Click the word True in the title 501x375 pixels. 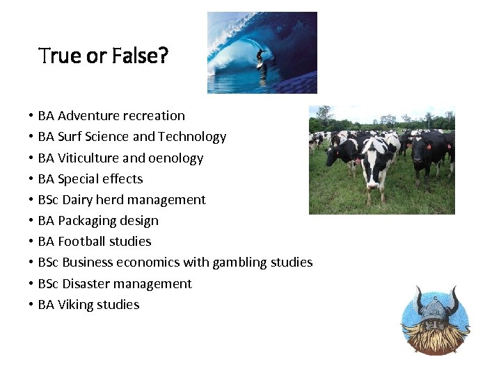[x=60, y=56]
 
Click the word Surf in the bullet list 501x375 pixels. [x=71, y=137]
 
